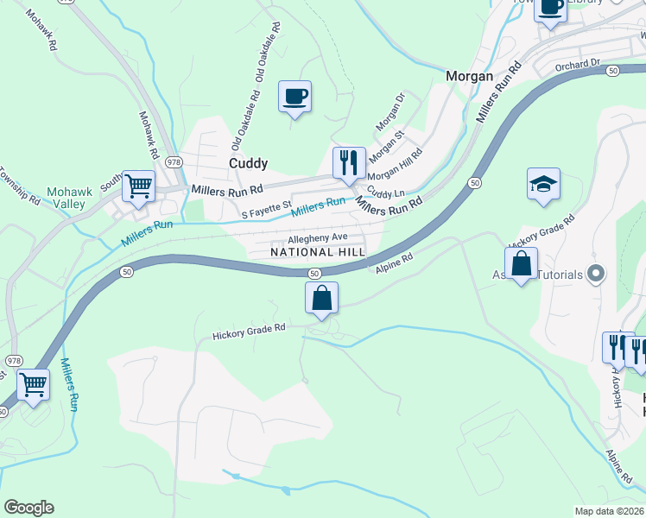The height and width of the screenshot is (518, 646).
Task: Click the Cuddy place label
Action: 248,163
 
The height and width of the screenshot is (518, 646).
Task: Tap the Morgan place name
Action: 469,76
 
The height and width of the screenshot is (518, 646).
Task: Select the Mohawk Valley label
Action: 66,198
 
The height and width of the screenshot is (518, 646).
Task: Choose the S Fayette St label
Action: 267,211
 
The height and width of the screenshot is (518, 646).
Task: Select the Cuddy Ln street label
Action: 385,192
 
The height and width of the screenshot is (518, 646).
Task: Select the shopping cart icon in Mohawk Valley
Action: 137,186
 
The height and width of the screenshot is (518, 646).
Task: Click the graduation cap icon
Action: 543,183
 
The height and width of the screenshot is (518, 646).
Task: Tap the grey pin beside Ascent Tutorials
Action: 594,275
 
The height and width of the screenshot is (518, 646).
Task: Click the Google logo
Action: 28,508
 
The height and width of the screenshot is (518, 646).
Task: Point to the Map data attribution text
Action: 610,511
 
